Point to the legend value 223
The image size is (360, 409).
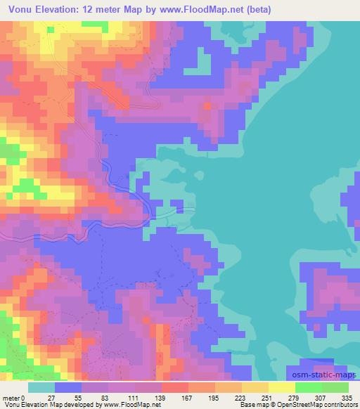pyautogui.click(x=241, y=397)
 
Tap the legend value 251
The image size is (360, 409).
pyautogui.click(x=268, y=397)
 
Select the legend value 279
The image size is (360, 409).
pyautogui.click(x=295, y=397)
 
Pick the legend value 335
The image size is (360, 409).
pyautogui.click(x=348, y=397)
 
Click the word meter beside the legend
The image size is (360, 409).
pyautogui.click(x=11, y=397)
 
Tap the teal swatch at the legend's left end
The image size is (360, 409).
pyautogui.click(x=41, y=387)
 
